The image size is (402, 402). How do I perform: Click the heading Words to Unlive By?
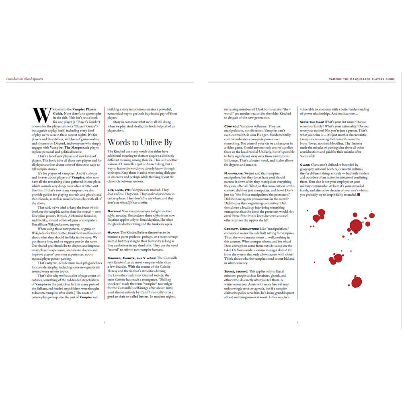pos(139,142)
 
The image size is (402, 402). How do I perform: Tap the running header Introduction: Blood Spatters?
pos(25,79)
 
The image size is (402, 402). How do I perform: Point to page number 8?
pos(105,322)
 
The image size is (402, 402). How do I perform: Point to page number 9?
pos(297,322)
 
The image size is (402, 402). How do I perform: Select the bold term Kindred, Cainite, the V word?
pos(131,258)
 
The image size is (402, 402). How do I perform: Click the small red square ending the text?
pos(359,195)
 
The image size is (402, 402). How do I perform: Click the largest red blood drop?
pos(355,226)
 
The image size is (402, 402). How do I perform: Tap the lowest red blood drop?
pos(356,282)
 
